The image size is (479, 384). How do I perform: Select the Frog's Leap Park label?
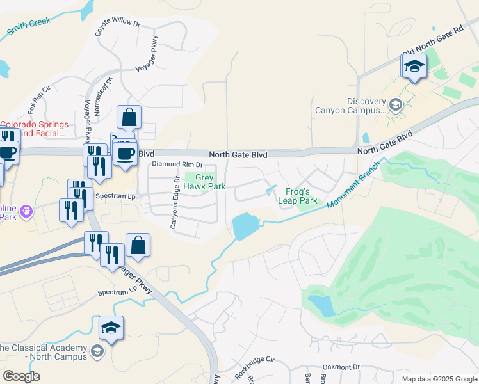[298, 196]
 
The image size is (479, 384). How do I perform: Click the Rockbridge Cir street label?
[254, 365]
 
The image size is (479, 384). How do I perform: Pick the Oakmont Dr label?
[341, 367]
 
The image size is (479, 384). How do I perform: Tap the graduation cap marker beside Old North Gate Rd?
[414, 67]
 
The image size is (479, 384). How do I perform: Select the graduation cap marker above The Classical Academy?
[111, 328]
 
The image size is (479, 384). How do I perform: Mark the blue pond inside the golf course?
[322, 306]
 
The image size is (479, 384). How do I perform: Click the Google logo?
[21, 376]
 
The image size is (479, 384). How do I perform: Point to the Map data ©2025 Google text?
[439, 379]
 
